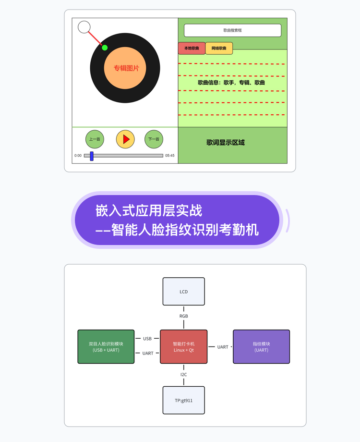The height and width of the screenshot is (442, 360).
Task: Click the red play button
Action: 125,139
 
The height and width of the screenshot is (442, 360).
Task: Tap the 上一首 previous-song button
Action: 95,139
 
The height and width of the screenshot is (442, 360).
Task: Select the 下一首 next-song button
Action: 154,139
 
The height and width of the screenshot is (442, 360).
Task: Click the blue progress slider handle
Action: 92,156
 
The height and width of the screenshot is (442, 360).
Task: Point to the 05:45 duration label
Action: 170,156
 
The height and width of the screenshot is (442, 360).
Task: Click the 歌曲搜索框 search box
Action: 233,30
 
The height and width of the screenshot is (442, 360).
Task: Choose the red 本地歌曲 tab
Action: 192,48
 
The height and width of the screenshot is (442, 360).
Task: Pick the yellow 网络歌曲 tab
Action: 219,48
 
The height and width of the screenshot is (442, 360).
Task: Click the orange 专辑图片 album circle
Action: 125,68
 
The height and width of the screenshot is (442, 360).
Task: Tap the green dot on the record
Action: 105,48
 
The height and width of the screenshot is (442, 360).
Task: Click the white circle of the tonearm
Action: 84,27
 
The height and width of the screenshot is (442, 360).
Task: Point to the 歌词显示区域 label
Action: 225,143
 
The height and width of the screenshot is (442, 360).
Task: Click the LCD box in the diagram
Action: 184,292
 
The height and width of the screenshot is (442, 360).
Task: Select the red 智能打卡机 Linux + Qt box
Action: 184,347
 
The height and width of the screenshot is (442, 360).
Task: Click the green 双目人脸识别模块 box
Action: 106,347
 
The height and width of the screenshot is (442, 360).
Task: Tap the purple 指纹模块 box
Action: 262,347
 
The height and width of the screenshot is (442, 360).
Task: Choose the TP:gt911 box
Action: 184,400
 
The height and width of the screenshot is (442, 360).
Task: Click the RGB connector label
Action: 184,316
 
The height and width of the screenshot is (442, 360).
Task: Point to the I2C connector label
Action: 184,375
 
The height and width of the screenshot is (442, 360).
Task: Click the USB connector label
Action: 147,339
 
